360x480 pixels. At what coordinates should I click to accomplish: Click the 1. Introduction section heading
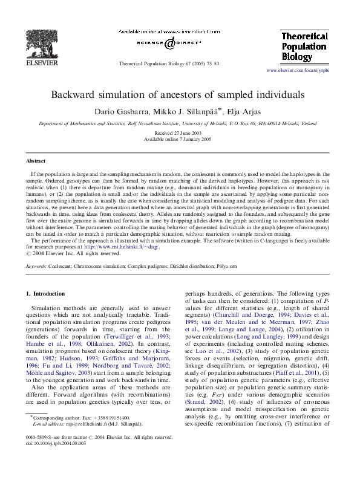point(47,294)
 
